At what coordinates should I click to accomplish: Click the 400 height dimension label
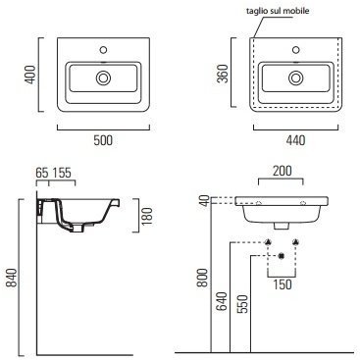(30, 75)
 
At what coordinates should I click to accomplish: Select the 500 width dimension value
(103, 140)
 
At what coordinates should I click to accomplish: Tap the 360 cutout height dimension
(223, 74)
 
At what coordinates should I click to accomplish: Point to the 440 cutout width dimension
(295, 140)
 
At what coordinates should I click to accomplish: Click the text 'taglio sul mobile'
(278, 11)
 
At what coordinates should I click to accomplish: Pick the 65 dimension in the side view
(42, 173)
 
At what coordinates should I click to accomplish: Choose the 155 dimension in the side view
(62, 173)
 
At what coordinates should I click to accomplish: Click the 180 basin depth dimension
(147, 216)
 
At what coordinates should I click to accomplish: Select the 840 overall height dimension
(12, 278)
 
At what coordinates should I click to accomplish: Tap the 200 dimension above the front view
(282, 171)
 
